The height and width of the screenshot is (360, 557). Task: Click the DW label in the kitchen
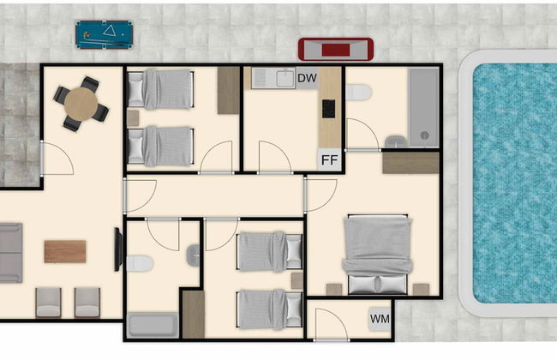[x=307, y=79]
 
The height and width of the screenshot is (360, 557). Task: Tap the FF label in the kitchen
[x=328, y=159]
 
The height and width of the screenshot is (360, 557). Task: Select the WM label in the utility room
[x=379, y=319]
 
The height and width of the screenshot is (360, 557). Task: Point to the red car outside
[x=336, y=49]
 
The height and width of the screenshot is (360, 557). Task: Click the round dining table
[x=81, y=105]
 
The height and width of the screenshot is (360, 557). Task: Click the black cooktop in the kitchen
[x=327, y=109]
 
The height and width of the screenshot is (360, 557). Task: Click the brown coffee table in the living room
[x=65, y=251]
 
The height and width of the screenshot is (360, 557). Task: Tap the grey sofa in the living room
[x=10, y=252]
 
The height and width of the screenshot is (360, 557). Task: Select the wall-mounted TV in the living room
[x=119, y=249]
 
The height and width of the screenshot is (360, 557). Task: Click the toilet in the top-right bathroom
[x=358, y=92]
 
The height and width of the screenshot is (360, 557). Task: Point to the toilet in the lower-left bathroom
[x=139, y=263]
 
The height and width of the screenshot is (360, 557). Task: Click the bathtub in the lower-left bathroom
[x=153, y=326]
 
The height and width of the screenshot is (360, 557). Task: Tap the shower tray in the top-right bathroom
[x=422, y=107]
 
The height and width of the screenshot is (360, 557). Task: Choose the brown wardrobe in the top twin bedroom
[x=228, y=90]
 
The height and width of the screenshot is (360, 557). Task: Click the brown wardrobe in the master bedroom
[x=410, y=163]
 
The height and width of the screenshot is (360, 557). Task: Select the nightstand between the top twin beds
[x=134, y=117]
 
